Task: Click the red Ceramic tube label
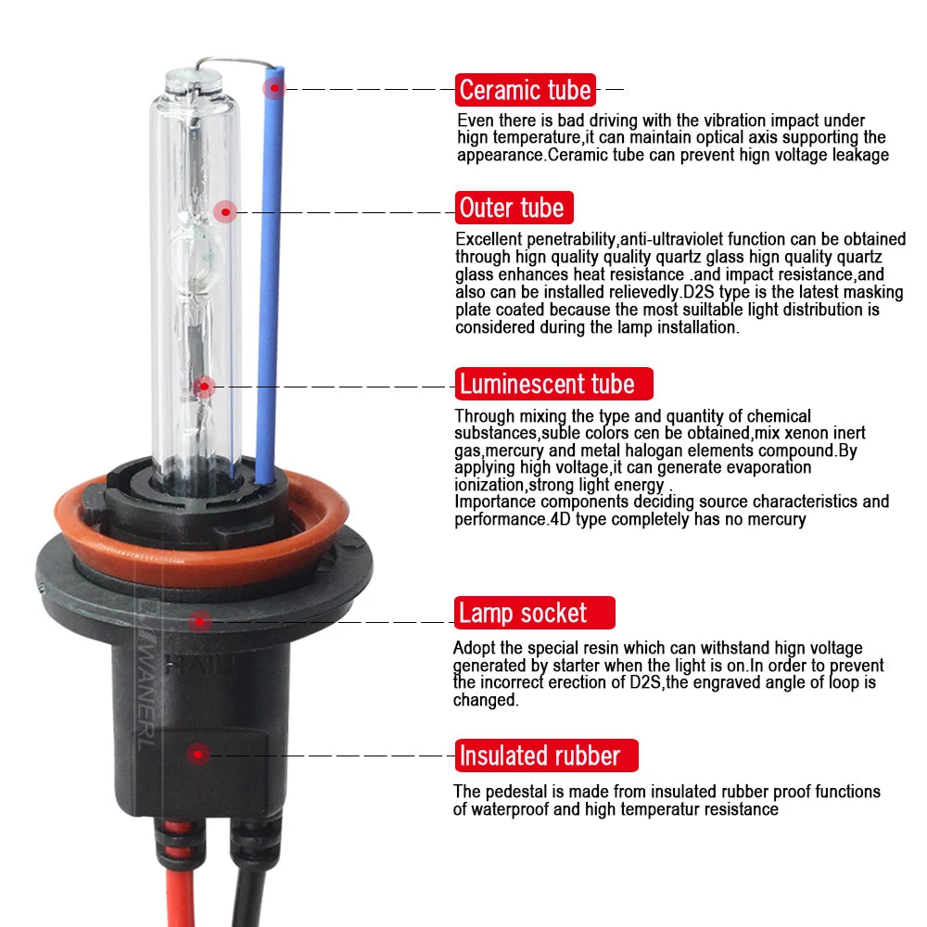(525, 90)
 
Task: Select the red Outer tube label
(514, 208)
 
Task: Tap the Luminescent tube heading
(554, 384)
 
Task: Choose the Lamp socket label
(535, 613)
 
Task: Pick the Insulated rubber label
(546, 755)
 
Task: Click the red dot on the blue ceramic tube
(274, 89)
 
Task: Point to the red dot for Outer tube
(225, 211)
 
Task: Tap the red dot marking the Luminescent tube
(204, 387)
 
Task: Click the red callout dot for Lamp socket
(200, 621)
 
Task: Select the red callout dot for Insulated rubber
(198, 755)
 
